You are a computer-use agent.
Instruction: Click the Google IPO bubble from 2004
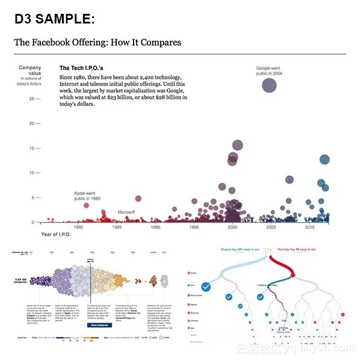pos(269,85)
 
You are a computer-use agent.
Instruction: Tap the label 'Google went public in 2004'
pos(268,71)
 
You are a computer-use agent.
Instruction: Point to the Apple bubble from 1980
pos(86,206)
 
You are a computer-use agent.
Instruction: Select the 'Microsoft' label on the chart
pos(126,213)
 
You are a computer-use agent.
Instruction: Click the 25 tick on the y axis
pos(31,99)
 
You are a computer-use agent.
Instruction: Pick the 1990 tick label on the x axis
pos(155,228)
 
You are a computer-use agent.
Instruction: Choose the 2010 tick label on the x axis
pos(309,228)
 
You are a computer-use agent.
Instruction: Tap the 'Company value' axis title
pos(30,71)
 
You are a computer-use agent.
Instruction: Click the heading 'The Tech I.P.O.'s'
pos(82,69)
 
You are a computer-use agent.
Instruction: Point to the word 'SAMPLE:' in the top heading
pos(66,19)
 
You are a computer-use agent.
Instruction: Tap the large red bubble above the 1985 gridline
pos(138,199)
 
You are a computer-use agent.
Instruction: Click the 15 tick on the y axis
pos(31,149)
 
